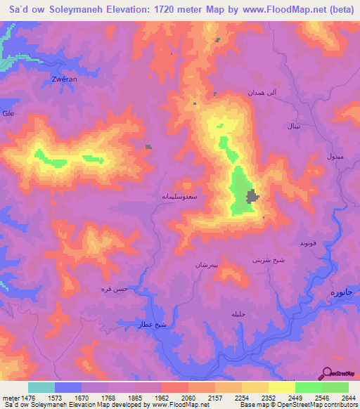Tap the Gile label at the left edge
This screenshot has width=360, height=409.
point(8,113)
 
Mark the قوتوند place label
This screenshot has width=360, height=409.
point(310,243)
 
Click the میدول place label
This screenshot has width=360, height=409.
point(335,157)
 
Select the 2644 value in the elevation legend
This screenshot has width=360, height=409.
point(347,398)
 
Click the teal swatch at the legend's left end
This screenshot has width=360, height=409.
point(41,387)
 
